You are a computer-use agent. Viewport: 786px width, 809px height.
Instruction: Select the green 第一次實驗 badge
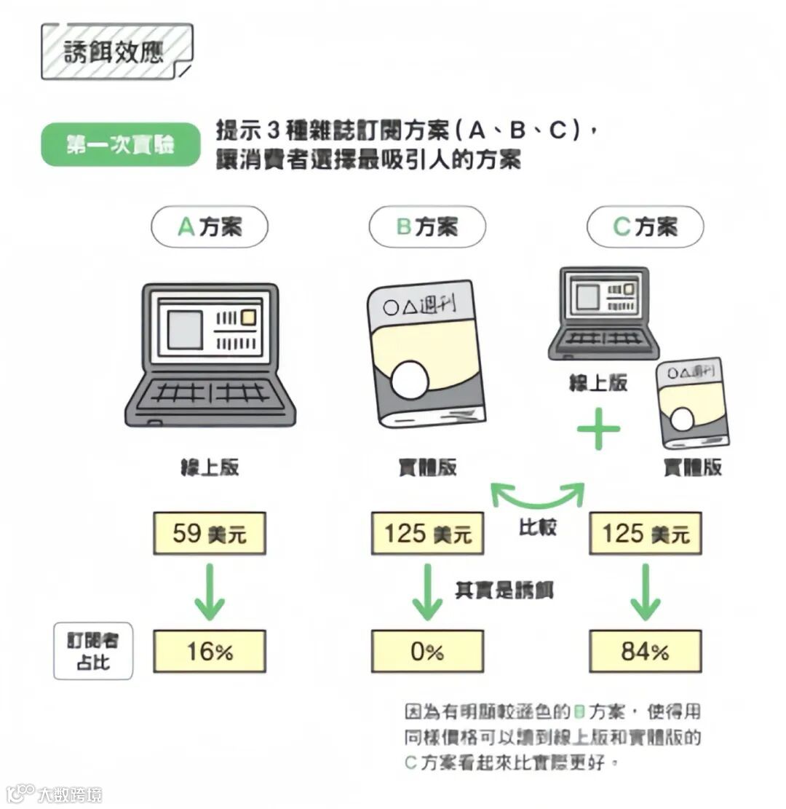click(120, 145)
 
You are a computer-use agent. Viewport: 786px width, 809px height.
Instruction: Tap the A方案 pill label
click(210, 227)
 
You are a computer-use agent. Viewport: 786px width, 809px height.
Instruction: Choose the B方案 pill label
click(427, 227)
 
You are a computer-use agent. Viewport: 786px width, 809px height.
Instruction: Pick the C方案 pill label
click(645, 227)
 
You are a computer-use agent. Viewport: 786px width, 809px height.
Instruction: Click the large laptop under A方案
click(210, 355)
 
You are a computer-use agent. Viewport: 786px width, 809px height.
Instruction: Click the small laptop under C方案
click(603, 313)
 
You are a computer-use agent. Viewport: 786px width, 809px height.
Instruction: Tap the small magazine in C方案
click(691, 403)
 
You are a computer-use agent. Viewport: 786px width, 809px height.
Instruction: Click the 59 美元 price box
click(210, 534)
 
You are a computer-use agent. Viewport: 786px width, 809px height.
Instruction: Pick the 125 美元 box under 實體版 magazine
click(427, 534)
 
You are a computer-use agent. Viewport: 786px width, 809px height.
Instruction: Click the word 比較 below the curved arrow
click(538, 526)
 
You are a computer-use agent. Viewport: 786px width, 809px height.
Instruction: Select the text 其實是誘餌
click(504, 589)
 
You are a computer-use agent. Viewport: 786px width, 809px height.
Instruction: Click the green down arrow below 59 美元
click(210, 591)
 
